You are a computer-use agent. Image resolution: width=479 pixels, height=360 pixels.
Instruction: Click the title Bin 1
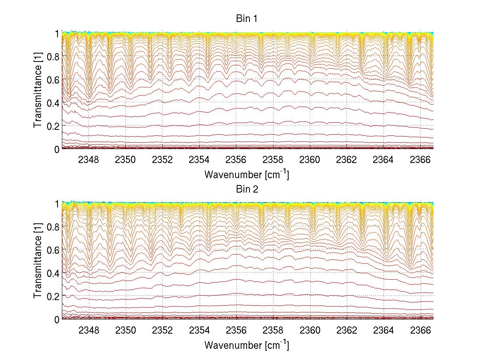247,19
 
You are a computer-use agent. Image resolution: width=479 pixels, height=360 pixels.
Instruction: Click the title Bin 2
247,189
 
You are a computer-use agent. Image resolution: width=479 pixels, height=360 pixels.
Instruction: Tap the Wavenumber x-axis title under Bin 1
247,174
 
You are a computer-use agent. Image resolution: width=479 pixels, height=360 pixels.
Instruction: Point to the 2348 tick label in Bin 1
89,160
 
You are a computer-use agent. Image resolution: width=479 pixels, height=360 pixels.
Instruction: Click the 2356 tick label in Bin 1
236,160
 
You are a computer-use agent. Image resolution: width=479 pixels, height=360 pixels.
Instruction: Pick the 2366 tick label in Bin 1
420,160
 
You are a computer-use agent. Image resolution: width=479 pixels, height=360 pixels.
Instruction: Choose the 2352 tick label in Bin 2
162,330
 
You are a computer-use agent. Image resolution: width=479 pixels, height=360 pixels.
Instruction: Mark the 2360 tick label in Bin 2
310,330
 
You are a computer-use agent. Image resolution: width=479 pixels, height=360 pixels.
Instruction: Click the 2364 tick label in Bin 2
383,330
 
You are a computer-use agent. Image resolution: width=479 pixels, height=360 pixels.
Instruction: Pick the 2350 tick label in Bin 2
126,330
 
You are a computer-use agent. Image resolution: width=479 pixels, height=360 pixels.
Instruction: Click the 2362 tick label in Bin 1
346,160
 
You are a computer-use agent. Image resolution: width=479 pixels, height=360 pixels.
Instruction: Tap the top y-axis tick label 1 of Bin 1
57,33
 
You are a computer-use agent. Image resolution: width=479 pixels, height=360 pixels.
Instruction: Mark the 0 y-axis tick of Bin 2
57,319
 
